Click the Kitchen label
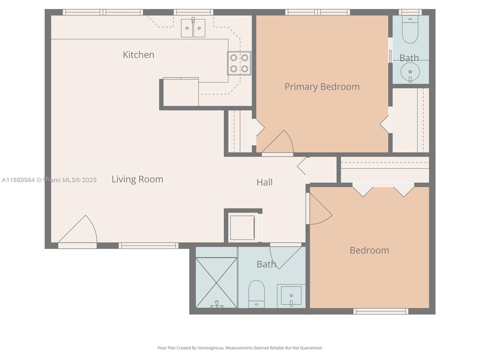(138, 55)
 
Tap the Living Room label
(137, 179)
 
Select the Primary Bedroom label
(322, 87)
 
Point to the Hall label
(264, 182)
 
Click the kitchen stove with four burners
(239, 63)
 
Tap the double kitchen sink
(193, 28)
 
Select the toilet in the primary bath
(410, 29)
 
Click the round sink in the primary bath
(410, 72)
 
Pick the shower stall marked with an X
(216, 283)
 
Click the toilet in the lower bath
(256, 294)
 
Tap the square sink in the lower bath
(291, 296)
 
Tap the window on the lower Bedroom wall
(381, 311)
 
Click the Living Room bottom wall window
(148, 246)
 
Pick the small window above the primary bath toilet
(410, 12)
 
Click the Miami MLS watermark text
(49, 180)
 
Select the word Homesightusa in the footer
(210, 348)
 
